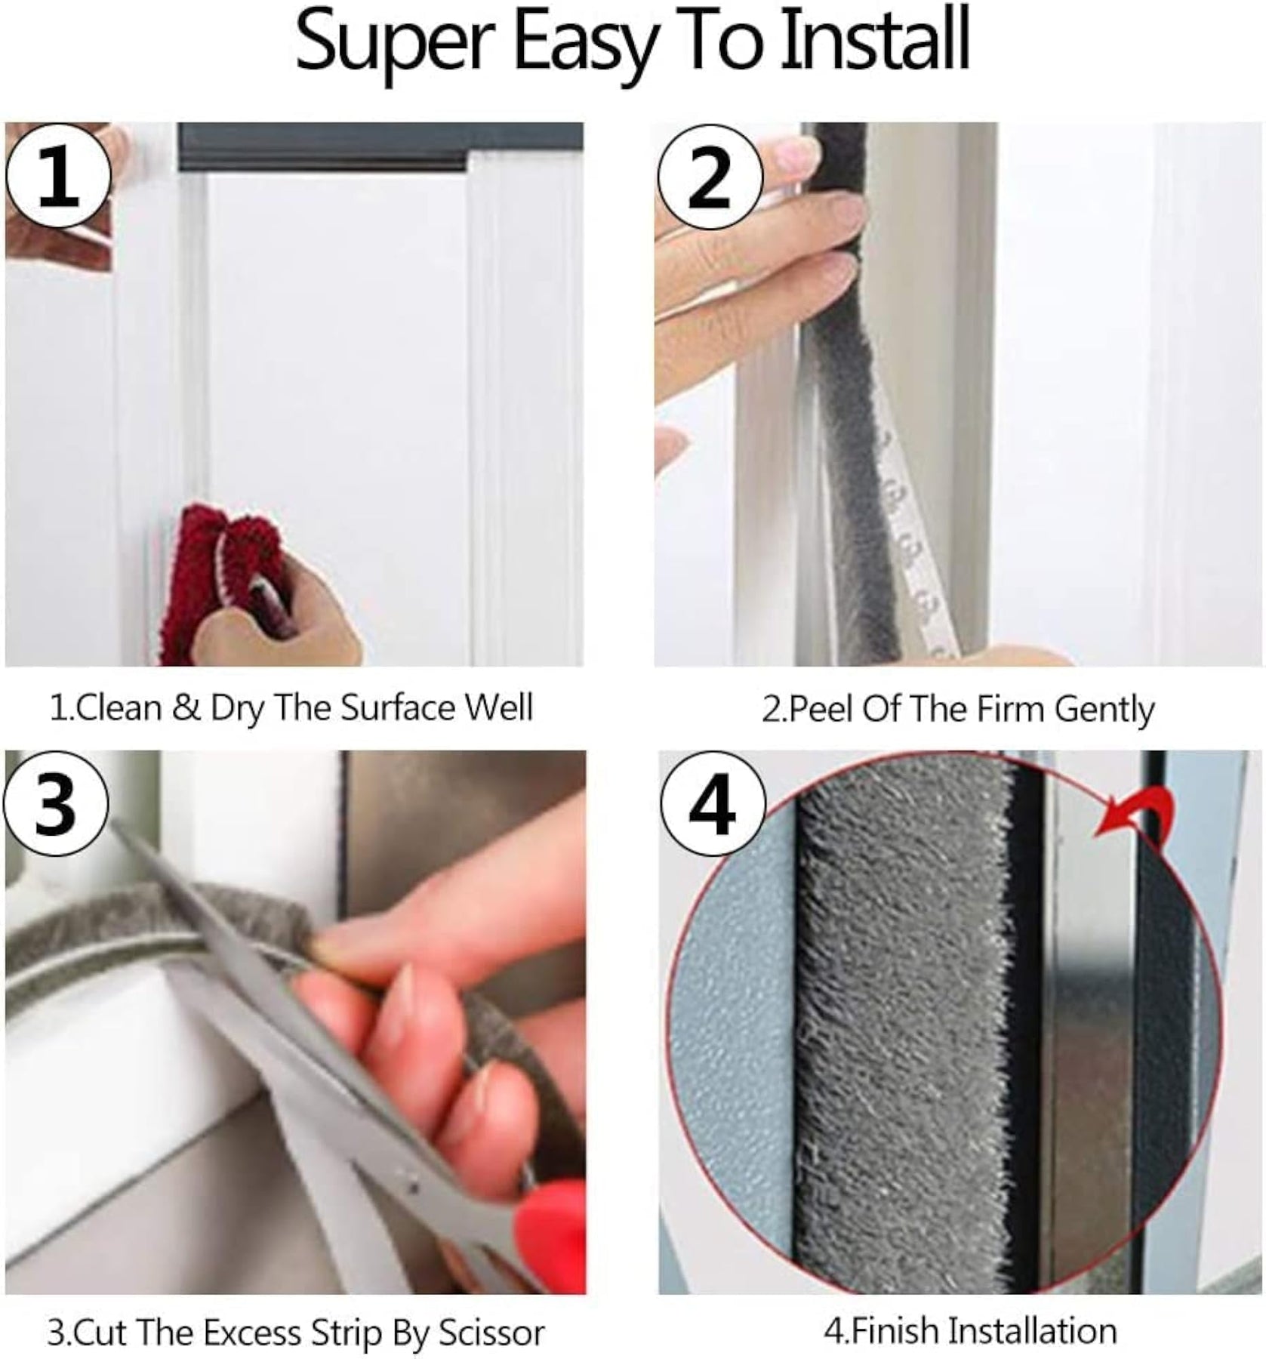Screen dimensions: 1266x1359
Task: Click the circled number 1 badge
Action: (x=58, y=177)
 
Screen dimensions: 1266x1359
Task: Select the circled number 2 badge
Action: (x=709, y=177)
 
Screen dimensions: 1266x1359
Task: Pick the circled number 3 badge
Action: (x=57, y=803)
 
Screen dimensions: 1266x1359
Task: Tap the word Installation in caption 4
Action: (x=1031, y=1330)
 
